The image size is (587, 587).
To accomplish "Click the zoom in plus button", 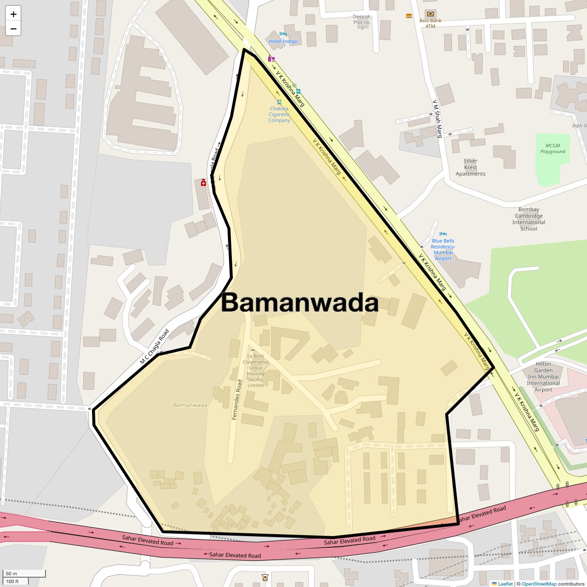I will (13, 14).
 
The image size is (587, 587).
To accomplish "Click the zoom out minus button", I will (13, 28).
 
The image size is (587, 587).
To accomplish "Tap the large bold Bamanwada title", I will (300, 303).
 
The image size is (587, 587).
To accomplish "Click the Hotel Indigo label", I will (283, 42).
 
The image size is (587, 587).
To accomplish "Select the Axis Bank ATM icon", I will (430, 14).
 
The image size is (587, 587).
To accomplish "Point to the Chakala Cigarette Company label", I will (279, 114).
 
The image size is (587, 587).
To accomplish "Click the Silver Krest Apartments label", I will (471, 167).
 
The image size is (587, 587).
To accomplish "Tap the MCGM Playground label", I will (553, 149).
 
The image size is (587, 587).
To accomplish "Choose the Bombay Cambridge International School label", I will (529, 219).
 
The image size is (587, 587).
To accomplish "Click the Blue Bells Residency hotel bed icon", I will (443, 234).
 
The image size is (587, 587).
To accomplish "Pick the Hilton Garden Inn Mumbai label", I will (543, 377).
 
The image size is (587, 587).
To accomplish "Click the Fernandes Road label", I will (237, 400).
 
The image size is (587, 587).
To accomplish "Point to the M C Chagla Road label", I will (155, 347).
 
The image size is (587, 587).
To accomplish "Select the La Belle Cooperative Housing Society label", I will (255, 371).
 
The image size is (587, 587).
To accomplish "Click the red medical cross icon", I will (203, 182).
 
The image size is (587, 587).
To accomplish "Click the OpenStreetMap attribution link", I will (539, 584).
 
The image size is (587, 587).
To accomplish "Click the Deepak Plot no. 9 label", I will (362, 22).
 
